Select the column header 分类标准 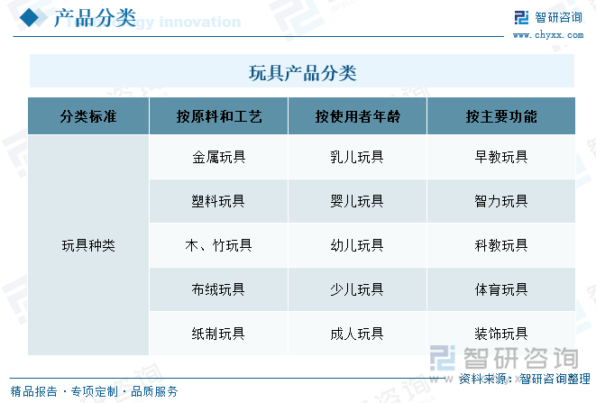click(88, 116)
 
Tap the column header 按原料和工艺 click(218, 116)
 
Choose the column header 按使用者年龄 click(357, 116)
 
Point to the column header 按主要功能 click(501, 116)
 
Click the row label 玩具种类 click(88, 244)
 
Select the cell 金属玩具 click(218, 157)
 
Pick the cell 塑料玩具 click(218, 201)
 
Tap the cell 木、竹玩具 click(218, 244)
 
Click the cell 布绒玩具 click(218, 289)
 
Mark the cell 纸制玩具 click(218, 333)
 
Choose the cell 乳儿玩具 click(357, 157)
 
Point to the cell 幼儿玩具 click(357, 244)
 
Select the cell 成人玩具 click(357, 333)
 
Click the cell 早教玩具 click(501, 157)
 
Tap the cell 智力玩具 click(501, 201)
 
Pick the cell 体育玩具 click(501, 289)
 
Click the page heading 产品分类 click(95, 17)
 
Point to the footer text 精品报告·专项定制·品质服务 click(94, 391)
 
